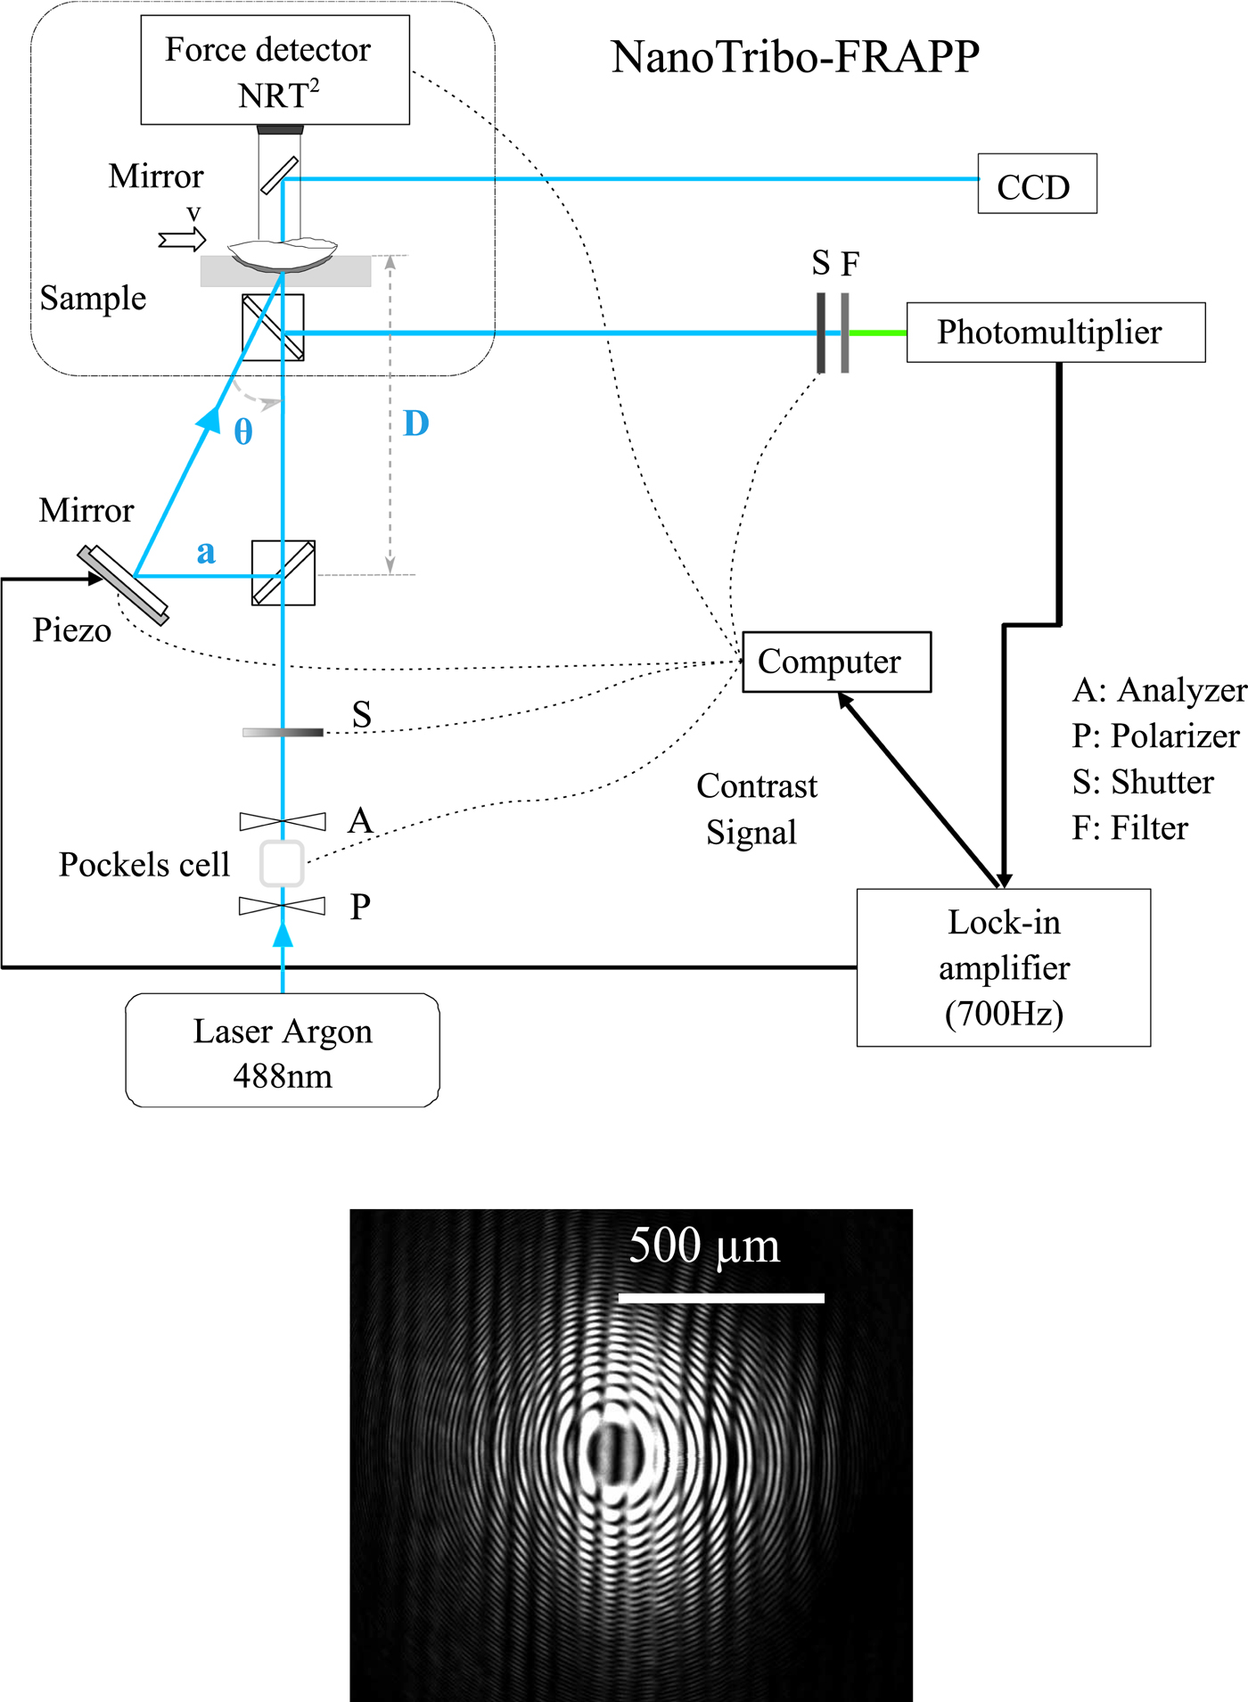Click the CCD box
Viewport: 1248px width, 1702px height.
pyautogui.click(x=1037, y=184)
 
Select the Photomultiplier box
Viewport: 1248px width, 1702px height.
pyautogui.click(x=1055, y=333)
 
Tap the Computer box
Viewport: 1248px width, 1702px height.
pyautogui.click(x=836, y=662)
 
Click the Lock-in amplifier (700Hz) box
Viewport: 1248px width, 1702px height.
pyautogui.click(x=1003, y=967)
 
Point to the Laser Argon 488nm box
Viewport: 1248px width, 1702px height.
pyautogui.click(x=283, y=1051)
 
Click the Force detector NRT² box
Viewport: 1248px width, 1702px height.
pyautogui.click(x=275, y=70)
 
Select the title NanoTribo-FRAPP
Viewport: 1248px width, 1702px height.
pyautogui.click(x=794, y=57)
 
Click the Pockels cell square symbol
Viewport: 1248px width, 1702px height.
pyautogui.click(x=282, y=863)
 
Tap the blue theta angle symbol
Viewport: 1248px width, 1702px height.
pyautogui.click(x=243, y=432)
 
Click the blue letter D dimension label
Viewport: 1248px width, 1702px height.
pyautogui.click(x=416, y=423)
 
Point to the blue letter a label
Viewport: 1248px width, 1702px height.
pyautogui.click(x=206, y=552)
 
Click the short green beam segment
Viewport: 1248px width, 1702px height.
pyautogui.click(x=877, y=333)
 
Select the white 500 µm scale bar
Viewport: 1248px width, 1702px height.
pyautogui.click(x=721, y=1298)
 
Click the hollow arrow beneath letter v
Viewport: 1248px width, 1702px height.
pyautogui.click(x=182, y=240)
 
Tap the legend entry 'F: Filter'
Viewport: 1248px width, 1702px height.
pyautogui.click(x=1129, y=828)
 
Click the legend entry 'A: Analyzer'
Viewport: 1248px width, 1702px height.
pyautogui.click(x=1159, y=690)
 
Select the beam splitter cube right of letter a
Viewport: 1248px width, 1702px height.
pyautogui.click(x=283, y=573)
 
